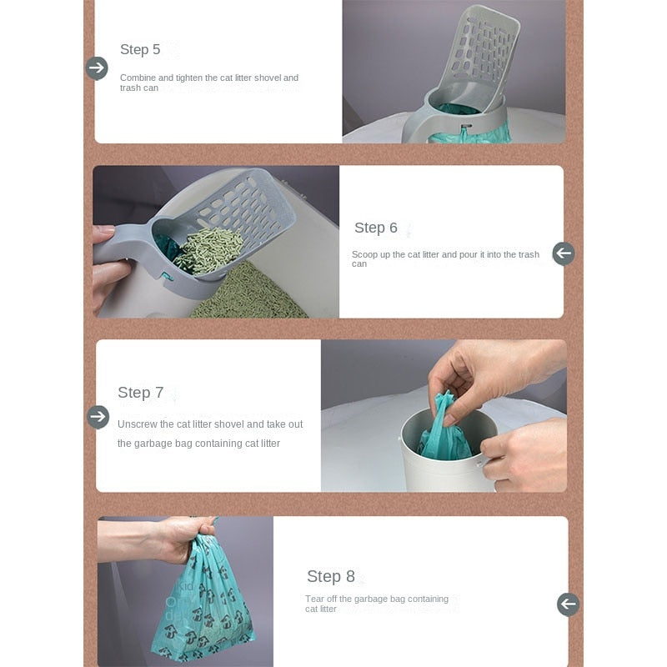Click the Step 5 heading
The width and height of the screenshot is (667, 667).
pyautogui.click(x=140, y=49)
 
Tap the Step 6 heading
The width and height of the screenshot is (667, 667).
pyautogui.click(x=376, y=228)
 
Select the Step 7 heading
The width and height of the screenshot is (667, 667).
pyautogui.click(x=140, y=392)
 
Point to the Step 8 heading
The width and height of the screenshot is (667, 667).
pyautogui.click(x=330, y=576)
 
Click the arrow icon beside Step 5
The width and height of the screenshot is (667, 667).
pyautogui.click(x=97, y=68)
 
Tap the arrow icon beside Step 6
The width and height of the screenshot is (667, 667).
pyautogui.click(x=564, y=253)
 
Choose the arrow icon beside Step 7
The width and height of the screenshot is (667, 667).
pyautogui.click(x=98, y=417)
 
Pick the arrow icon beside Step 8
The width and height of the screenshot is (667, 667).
pyautogui.click(x=568, y=604)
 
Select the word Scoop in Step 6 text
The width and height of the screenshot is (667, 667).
pyautogui.click(x=364, y=255)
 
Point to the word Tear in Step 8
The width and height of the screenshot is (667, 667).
pyautogui.click(x=314, y=599)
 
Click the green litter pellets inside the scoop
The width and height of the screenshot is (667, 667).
pyautogui.click(x=208, y=250)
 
